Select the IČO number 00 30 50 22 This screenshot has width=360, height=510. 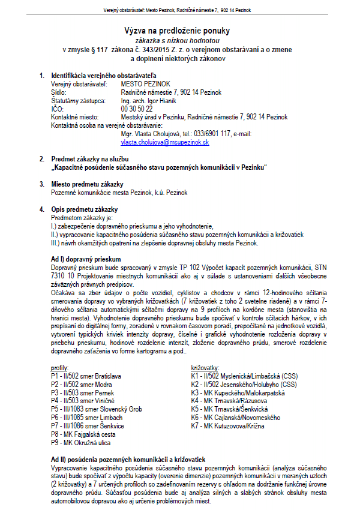click(x=136, y=109)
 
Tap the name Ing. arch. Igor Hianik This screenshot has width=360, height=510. click(x=146, y=101)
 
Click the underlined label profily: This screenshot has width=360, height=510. click(x=60, y=367)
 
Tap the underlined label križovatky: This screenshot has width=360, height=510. click(x=205, y=367)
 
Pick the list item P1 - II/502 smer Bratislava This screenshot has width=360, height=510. click(x=86, y=376)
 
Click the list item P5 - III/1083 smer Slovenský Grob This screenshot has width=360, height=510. click(x=96, y=409)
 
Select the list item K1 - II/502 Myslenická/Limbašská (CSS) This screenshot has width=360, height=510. click(x=244, y=376)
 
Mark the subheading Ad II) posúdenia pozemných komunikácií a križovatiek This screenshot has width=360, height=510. click(x=128, y=458)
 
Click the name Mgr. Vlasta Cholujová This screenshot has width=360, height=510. click(x=154, y=134)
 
